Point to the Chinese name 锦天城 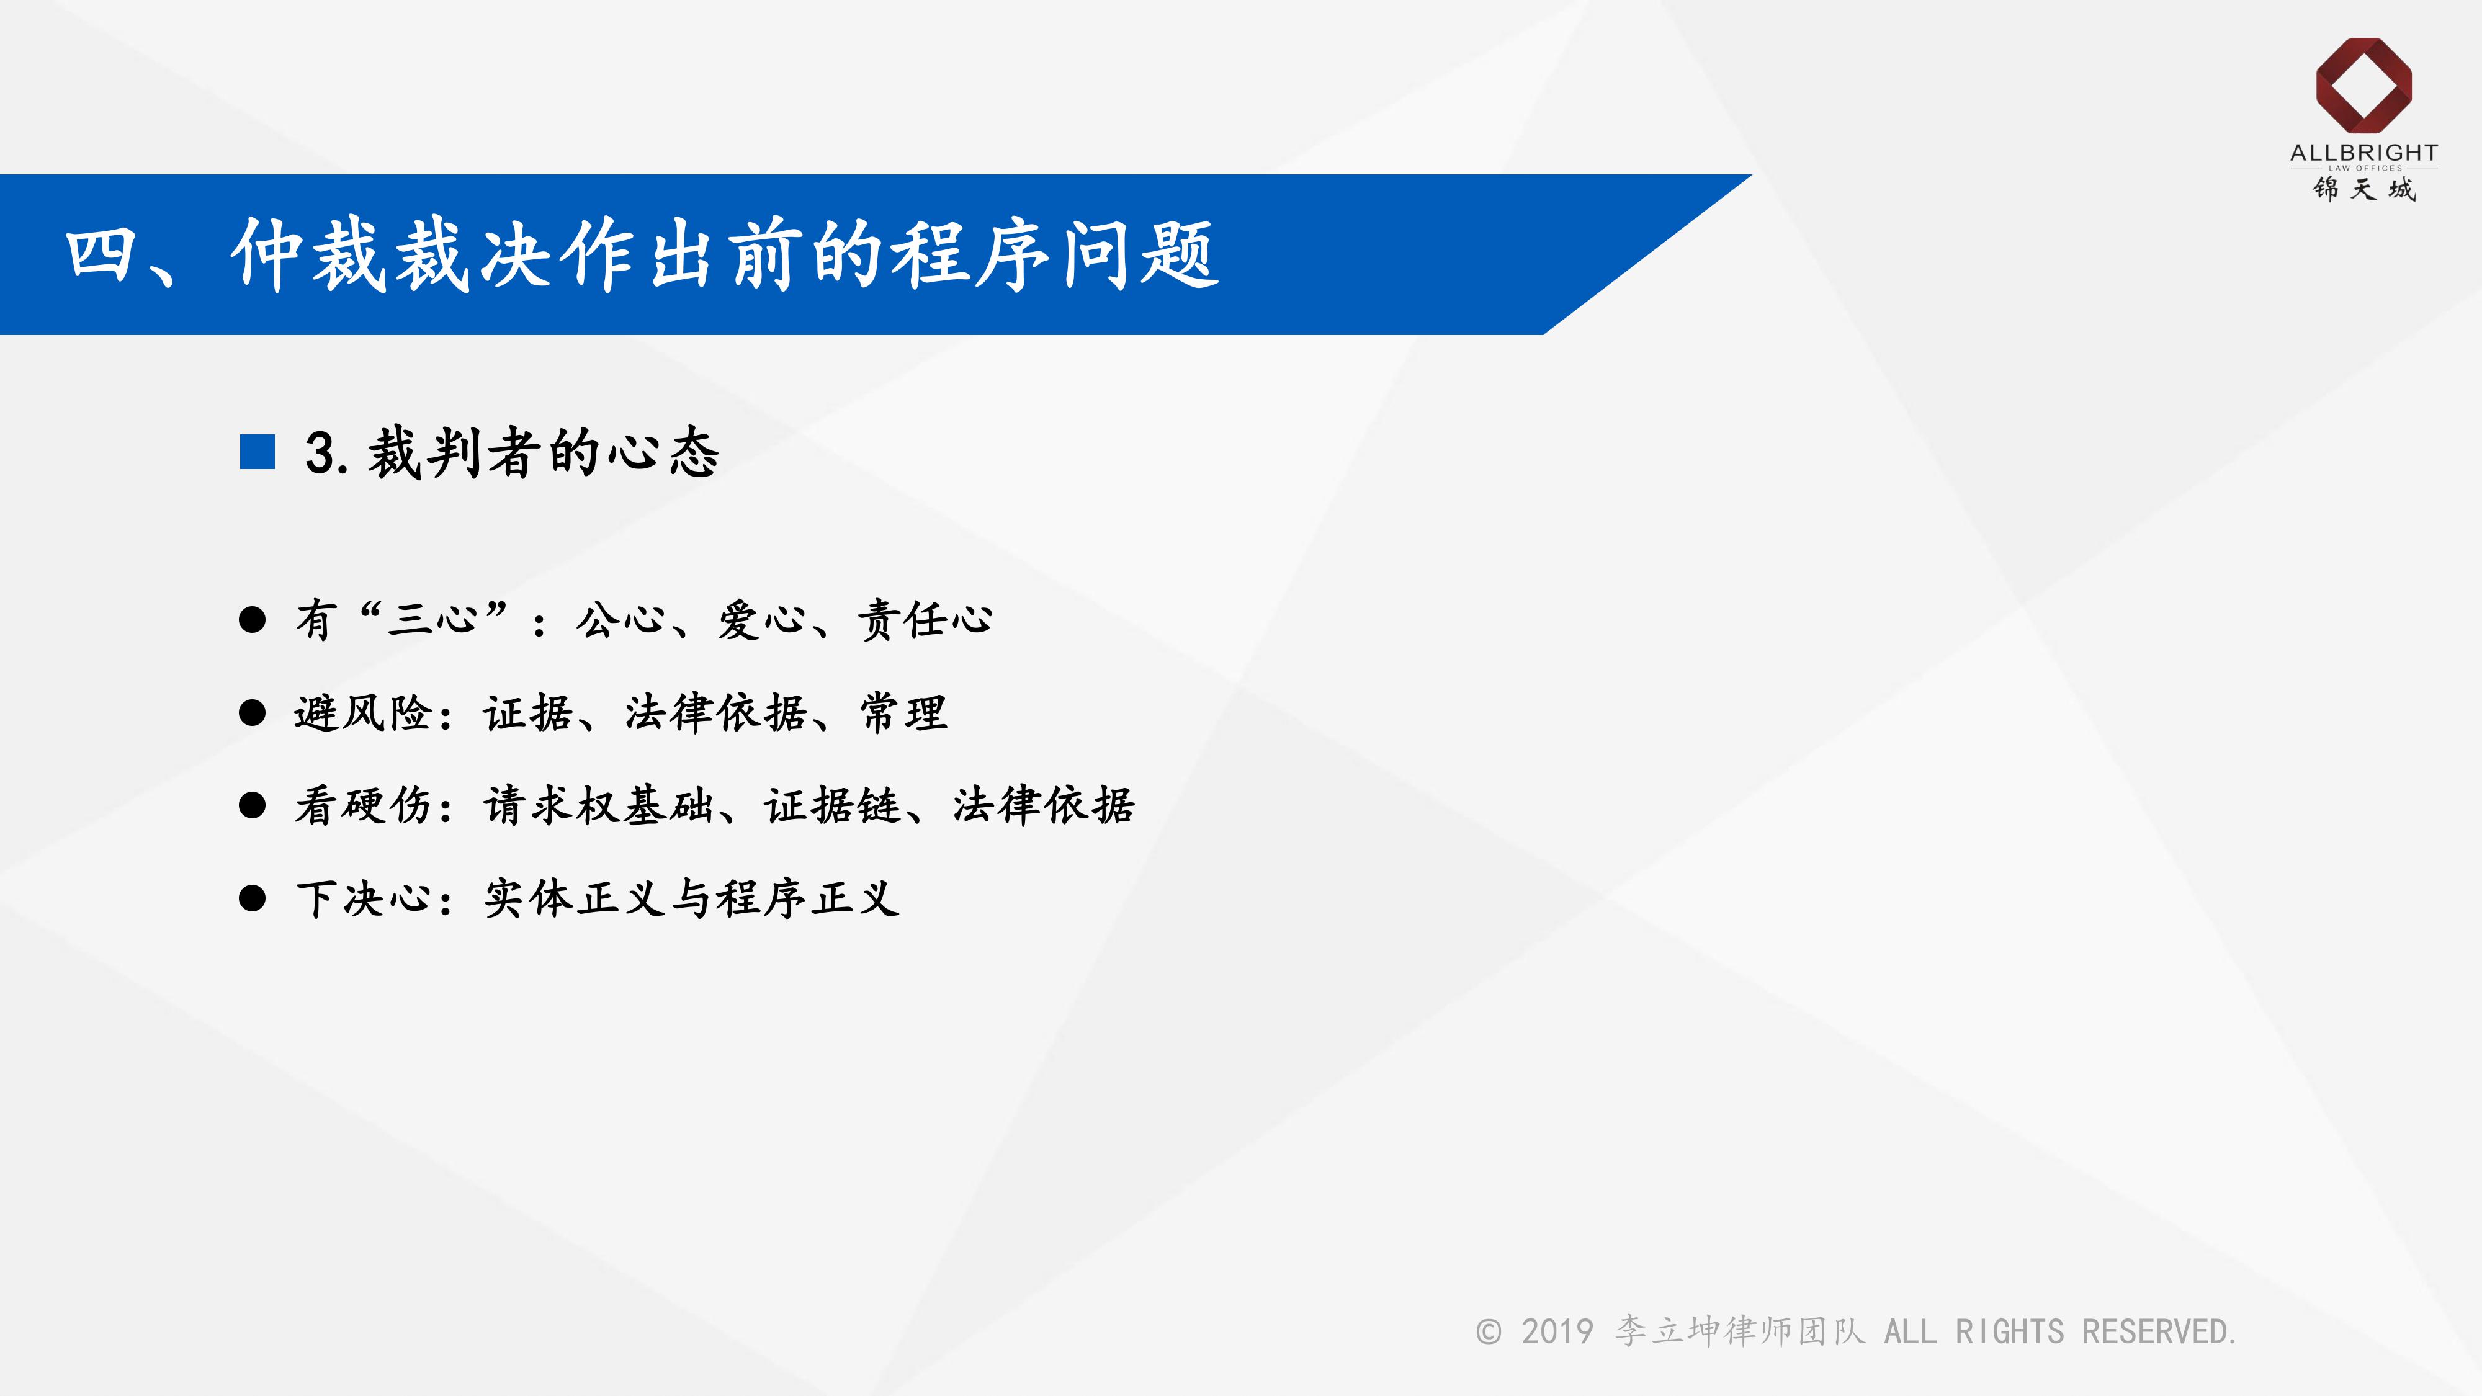coord(2363,189)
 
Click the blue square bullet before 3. coord(258,452)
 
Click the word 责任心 coord(925,619)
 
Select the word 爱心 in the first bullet coord(762,619)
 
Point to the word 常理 coord(904,713)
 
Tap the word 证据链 coord(833,805)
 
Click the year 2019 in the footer coord(1557,1331)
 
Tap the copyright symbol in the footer coord(1489,1331)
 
